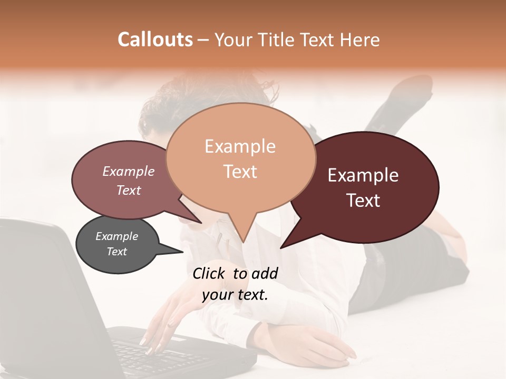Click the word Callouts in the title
(x=155, y=39)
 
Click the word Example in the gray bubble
(x=117, y=236)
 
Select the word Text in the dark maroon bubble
(x=364, y=201)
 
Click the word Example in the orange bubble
(x=240, y=146)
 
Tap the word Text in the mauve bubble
(x=129, y=190)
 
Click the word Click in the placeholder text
(x=209, y=273)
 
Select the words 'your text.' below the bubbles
(x=235, y=295)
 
